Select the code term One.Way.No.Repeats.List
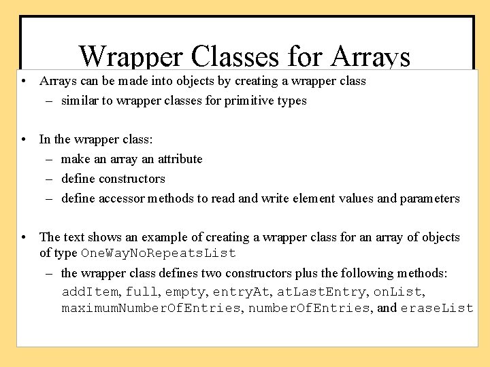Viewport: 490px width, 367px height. tap(159, 254)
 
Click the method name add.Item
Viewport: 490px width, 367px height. tap(91, 292)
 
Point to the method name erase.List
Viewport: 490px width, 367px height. tap(436, 308)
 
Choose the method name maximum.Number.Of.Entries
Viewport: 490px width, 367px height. tap(151, 308)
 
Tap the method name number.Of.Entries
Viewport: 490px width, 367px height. tap(300, 308)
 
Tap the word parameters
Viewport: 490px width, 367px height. tap(429, 198)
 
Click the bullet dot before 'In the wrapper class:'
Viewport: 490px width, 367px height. tap(24, 139)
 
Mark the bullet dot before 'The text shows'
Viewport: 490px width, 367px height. tap(24, 237)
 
